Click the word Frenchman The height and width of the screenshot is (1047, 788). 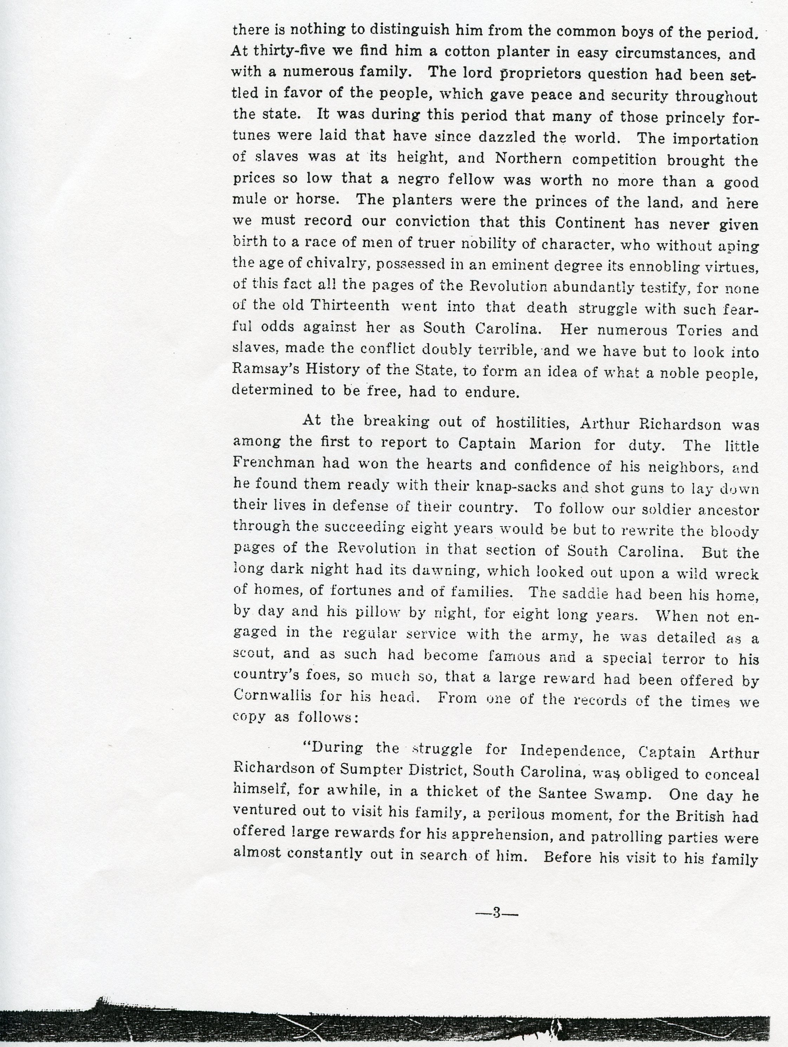(274, 463)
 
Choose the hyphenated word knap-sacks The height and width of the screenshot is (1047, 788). (520, 486)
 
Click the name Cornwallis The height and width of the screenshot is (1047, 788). (272, 696)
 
